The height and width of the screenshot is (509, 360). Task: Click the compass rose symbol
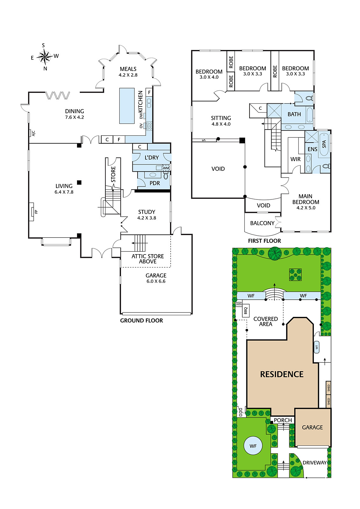pyautogui.click(x=45, y=57)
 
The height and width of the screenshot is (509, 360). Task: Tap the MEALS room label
pyautogui.click(x=128, y=69)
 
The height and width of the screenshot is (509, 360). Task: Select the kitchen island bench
pyautogui.click(x=127, y=106)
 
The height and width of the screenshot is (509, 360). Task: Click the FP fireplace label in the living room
pyautogui.click(x=36, y=212)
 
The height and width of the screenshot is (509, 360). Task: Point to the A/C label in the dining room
pyautogui.click(x=34, y=133)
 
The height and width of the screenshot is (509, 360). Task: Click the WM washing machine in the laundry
pyautogui.click(x=166, y=168)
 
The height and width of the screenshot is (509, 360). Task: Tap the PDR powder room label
pyautogui.click(x=155, y=183)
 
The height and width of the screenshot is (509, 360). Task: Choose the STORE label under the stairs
pyautogui.click(x=113, y=174)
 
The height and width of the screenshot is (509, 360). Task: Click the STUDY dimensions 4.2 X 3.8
pyautogui.click(x=147, y=218)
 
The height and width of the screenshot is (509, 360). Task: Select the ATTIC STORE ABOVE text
pyautogui.click(x=148, y=259)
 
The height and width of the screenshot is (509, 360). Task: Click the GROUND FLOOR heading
pyautogui.click(x=141, y=321)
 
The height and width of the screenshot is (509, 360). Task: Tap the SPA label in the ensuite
pyautogui.click(x=324, y=144)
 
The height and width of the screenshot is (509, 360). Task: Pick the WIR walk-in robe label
pyautogui.click(x=295, y=159)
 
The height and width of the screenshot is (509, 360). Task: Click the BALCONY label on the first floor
pyautogui.click(x=262, y=223)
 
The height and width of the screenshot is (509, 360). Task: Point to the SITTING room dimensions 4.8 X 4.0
pyautogui.click(x=221, y=124)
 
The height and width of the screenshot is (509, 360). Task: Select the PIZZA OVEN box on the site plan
pyautogui.click(x=239, y=303)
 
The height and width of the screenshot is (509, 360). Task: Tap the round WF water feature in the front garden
pyautogui.click(x=253, y=446)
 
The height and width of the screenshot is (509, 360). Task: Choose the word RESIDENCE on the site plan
pyautogui.click(x=282, y=374)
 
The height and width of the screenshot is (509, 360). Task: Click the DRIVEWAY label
pyautogui.click(x=315, y=463)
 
